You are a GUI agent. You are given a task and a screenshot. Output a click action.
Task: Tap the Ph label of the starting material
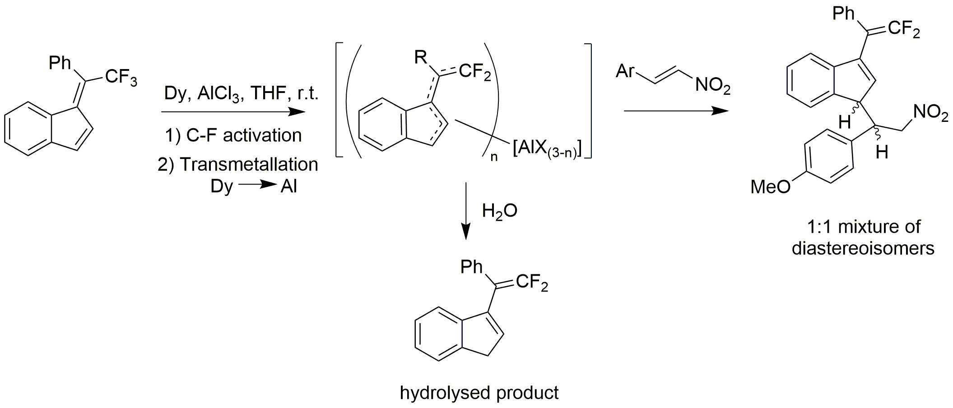(x=60, y=63)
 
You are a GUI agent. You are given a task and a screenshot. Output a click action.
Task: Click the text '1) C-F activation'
(x=233, y=135)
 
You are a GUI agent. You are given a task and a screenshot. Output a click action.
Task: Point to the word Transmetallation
(x=249, y=164)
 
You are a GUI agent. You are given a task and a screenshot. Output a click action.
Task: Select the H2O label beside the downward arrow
(x=499, y=211)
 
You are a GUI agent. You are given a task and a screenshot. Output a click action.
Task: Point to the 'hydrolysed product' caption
(x=479, y=393)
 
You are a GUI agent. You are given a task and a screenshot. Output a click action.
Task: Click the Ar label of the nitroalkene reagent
(x=625, y=71)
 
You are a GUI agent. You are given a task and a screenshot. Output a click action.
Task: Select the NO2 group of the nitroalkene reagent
(x=712, y=85)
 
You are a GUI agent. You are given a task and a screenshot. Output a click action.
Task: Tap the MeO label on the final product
(x=770, y=186)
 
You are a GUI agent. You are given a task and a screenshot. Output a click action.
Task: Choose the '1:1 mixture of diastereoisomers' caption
(x=863, y=237)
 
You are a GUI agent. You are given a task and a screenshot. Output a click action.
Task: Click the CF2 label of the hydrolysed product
(x=531, y=283)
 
